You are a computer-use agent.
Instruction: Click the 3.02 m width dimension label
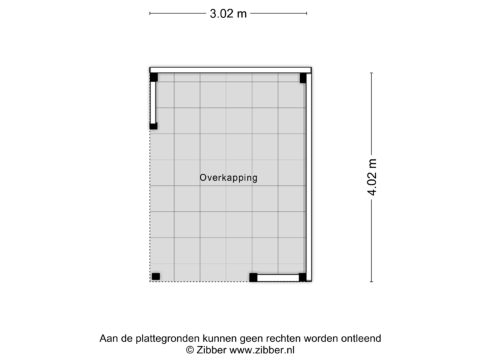[229, 13]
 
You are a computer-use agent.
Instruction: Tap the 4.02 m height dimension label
[372, 176]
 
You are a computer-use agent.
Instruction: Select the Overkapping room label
[228, 178]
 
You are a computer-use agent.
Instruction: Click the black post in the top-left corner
[153, 77]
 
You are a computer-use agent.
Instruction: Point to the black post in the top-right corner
[303, 78]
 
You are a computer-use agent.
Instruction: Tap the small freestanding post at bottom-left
[156, 276]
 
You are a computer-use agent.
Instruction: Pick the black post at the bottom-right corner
[303, 278]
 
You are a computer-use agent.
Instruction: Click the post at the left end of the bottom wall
[253, 278]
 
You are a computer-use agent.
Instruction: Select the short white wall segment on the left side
[153, 103]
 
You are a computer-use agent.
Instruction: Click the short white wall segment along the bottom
[278, 278]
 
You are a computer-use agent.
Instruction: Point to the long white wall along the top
[230, 69]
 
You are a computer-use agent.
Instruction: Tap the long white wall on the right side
[309, 177]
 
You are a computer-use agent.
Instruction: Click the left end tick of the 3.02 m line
[149, 13]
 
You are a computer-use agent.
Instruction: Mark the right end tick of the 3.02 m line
[307, 13]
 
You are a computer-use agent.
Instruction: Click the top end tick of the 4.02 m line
[371, 73]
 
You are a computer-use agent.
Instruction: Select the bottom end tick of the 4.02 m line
[371, 281]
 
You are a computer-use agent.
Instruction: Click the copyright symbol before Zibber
[190, 349]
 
